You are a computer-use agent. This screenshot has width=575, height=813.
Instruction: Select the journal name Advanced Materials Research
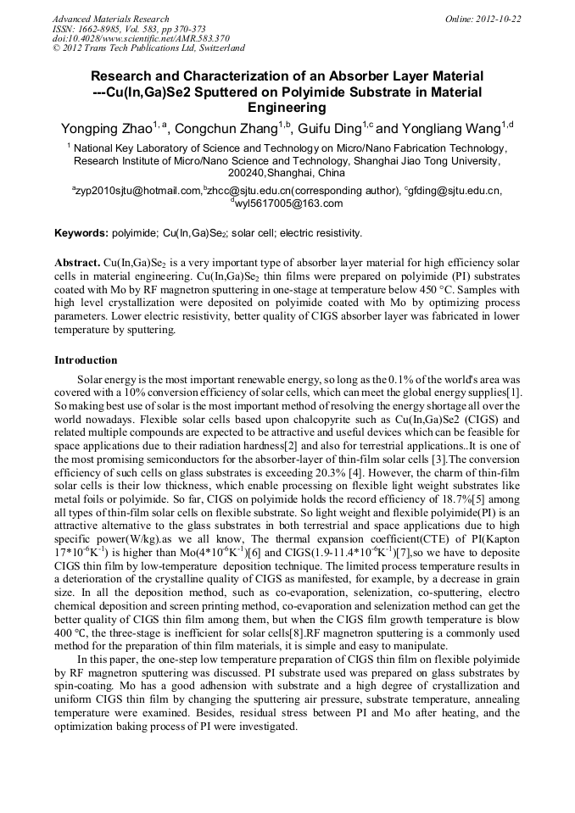[110, 19]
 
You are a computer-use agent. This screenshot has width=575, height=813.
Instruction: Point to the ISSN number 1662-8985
[105, 29]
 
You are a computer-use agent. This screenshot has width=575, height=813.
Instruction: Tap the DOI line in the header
[141, 38]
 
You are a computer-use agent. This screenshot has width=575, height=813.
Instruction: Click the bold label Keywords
[81, 233]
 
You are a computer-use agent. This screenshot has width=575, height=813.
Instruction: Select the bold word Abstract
[77, 264]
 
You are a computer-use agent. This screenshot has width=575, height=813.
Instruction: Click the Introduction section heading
[86, 360]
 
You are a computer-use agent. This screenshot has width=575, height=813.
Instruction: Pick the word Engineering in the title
[287, 108]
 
